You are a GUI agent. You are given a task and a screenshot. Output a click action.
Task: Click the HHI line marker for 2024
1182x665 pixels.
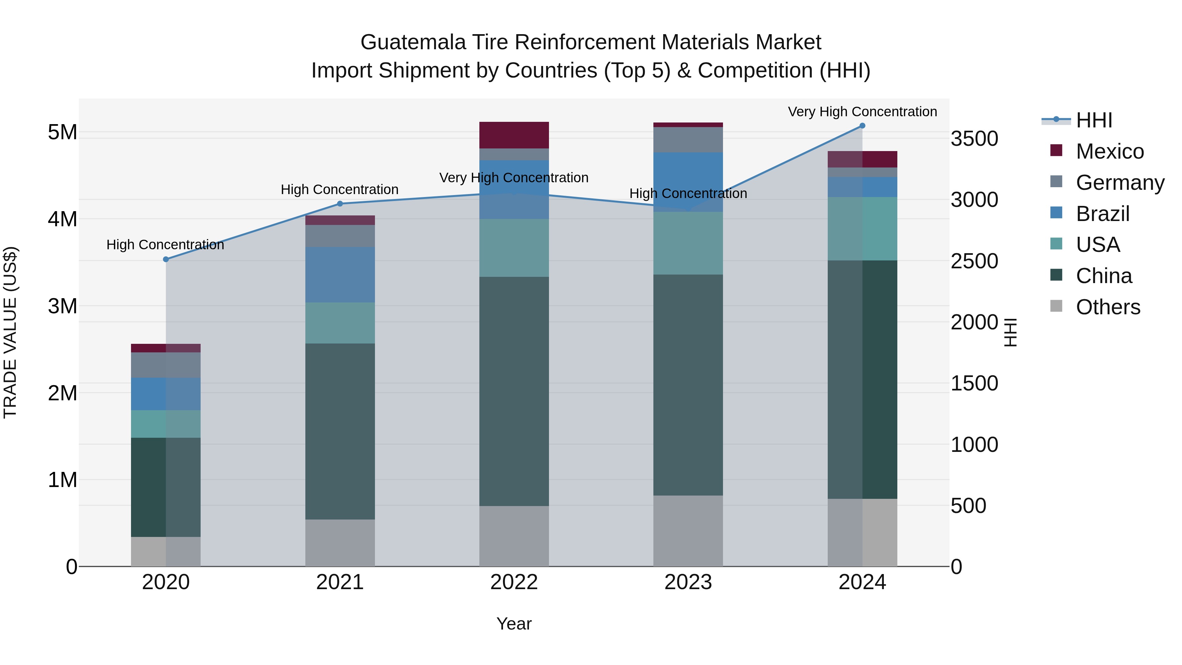pyautogui.click(x=862, y=126)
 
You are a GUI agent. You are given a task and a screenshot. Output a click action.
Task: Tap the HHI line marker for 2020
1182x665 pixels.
pyautogui.click(x=166, y=259)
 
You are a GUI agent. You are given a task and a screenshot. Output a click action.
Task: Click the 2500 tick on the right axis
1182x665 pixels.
pyautogui.click(x=974, y=261)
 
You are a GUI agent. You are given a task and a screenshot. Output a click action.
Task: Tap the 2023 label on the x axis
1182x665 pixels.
pyautogui.click(x=688, y=582)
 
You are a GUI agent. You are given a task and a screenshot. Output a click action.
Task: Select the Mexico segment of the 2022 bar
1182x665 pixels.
pyautogui.click(x=514, y=135)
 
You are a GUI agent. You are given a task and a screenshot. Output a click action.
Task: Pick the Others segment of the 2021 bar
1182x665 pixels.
pyautogui.click(x=340, y=543)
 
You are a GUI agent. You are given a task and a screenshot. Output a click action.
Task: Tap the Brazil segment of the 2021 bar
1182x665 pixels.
pyautogui.click(x=340, y=275)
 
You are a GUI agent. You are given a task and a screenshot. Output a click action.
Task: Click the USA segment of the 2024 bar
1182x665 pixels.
pyautogui.click(x=862, y=229)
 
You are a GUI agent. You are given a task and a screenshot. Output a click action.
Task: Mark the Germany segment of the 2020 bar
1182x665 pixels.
pyautogui.click(x=166, y=365)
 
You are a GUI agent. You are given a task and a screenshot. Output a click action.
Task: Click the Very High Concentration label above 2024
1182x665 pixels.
pyautogui.click(x=862, y=112)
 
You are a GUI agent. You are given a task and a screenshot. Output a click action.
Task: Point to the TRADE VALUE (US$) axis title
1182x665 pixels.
pyautogui.click(x=10, y=332)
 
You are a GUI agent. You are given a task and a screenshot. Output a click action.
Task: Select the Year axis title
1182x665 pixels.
pyautogui.click(x=514, y=624)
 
